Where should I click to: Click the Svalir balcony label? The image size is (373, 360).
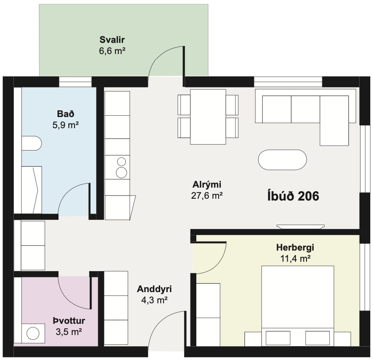click(x=112, y=40)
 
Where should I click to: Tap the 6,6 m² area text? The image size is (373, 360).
click(x=112, y=51)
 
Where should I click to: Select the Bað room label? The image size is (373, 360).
click(x=66, y=114)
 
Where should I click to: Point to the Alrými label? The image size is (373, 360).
click(x=207, y=184)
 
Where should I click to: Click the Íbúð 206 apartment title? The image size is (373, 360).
click(x=293, y=196)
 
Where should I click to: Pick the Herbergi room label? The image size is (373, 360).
click(x=295, y=247)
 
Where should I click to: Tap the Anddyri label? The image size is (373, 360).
click(x=154, y=289)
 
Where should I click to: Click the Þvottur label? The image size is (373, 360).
click(x=69, y=321)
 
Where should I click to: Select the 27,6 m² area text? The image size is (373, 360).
click(x=207, y=196)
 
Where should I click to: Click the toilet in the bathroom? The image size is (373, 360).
click(x=31, y=143)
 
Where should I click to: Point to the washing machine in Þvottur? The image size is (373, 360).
click(x=33, y=333)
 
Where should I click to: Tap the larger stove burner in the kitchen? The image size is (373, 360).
click(x=121, y=172)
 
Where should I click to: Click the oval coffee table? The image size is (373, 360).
click(x=282, y=160)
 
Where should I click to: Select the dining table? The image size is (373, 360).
click(x=208, y=117)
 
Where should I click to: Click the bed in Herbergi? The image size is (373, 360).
click(x=298, y=306)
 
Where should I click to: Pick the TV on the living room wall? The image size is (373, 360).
click(x=300, y=226)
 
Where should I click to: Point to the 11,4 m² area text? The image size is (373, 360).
click(x=295, y=259)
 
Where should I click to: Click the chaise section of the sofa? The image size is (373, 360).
click(x=334, y=121)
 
